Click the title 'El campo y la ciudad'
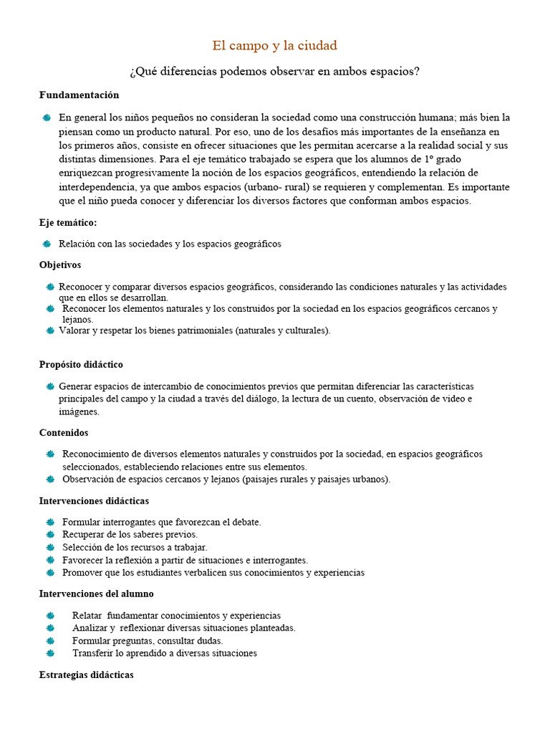(274, 46)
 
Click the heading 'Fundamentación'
(79, 95)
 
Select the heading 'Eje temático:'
(68, 223)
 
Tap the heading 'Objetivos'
(60, 264)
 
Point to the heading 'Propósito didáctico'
(81, 364)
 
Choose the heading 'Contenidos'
(64, 432)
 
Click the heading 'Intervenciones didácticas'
(94, 500)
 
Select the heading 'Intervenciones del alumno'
(96, 594)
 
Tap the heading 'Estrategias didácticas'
(86, 675)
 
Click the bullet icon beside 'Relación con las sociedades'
(47, 244)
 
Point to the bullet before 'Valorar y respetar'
(50, 330)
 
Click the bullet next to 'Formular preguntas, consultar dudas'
(49, 641)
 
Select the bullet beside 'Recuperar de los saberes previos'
(49, 535)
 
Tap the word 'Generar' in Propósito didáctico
(76, 386)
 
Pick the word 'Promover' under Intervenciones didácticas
(82, 573)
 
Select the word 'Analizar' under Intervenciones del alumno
(90, 628)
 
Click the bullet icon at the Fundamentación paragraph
(47, 118)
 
